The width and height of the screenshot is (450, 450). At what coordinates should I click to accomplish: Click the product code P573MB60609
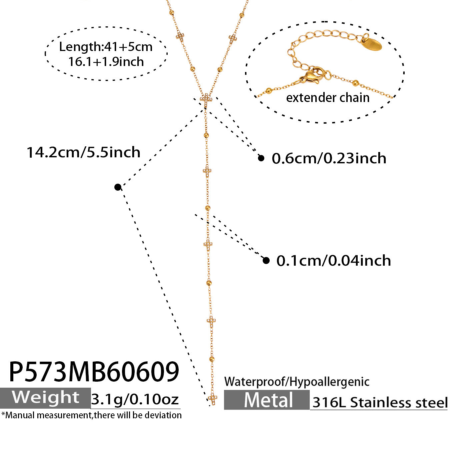(x=94, y=372)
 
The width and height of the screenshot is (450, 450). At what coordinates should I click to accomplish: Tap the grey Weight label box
(x=45, y=398)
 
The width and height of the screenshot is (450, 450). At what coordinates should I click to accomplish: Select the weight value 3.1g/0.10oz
(x=135, y=399)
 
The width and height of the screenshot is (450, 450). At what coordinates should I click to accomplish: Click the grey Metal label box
(x=267, y=400)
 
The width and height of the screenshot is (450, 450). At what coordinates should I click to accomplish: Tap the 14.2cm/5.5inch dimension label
(x=83, y=152)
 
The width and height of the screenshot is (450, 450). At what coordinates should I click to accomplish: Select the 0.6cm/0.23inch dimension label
(x=329, y=158)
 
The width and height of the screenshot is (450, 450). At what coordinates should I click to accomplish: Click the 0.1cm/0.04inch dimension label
(x=334, y=261)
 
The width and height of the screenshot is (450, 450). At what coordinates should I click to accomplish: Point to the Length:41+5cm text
(x=106, y=47)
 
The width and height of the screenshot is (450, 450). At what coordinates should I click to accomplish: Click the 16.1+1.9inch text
(x=106, y=62)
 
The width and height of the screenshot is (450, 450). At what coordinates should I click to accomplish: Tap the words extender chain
(x=328, y=98)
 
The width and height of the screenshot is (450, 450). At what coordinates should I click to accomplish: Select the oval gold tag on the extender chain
(x=371, y=44)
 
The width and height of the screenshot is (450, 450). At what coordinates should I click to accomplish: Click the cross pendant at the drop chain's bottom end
(x=213, y=399)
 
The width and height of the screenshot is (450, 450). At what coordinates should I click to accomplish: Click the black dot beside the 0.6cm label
(x=261, y=158)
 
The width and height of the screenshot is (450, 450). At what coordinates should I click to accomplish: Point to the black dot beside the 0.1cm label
(x=266, y=260)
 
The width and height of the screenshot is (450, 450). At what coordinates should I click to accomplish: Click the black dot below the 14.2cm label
(x=118, y=187)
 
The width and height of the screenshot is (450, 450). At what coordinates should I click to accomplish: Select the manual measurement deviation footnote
(x=91, y=415)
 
